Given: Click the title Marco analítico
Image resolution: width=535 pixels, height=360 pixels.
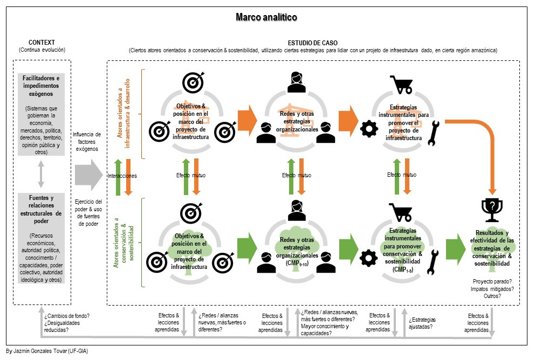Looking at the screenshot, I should coord(266,17).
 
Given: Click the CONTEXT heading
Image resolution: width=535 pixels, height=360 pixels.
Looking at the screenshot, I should coord(42,43).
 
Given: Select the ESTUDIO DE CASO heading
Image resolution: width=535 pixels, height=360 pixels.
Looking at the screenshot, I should coord(312,43).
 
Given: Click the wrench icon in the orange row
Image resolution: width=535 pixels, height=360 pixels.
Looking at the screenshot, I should coord(434,134).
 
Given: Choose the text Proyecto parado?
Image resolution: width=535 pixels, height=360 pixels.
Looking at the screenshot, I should coord(491,282).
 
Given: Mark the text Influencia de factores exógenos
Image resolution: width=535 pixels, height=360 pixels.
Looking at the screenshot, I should coord(87,141).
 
